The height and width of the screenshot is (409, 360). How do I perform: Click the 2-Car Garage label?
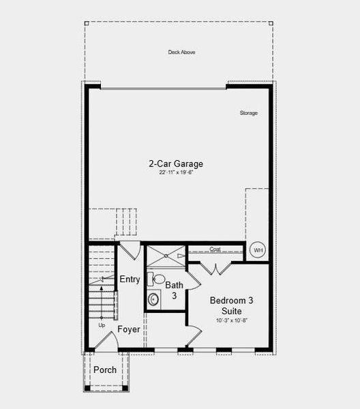pyautogui.click(x=176, y=164)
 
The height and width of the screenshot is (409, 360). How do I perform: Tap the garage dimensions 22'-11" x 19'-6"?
pyautogui.click(x=176, y=173)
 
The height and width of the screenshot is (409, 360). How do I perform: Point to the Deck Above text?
pyautogui.click(x=181, y=52)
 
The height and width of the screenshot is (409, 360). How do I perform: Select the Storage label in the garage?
pyautogui.click(x=249, y=112)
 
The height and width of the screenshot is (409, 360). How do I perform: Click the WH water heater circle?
pyautogui.click(x=258, y=250)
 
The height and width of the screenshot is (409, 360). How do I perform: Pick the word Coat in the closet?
pyautogui.click(x=215, y=249)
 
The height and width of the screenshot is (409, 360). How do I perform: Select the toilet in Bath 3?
pyautogui.click(x=156, y=278)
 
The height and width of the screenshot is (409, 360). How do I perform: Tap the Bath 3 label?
pyautogui.click(x=174, y=290)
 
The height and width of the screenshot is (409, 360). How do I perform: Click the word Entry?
pyautogui.click(x=130, y=279)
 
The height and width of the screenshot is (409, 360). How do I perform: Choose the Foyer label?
pyautogui.click(x=129, y=329)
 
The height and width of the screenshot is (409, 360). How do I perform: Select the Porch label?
pyautogui.click(x=104, y=370)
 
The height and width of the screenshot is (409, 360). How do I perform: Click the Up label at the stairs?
pyautogui.click(x=101, y=325)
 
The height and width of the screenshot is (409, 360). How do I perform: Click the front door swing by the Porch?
pyautogui.click(x=104, y=343)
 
